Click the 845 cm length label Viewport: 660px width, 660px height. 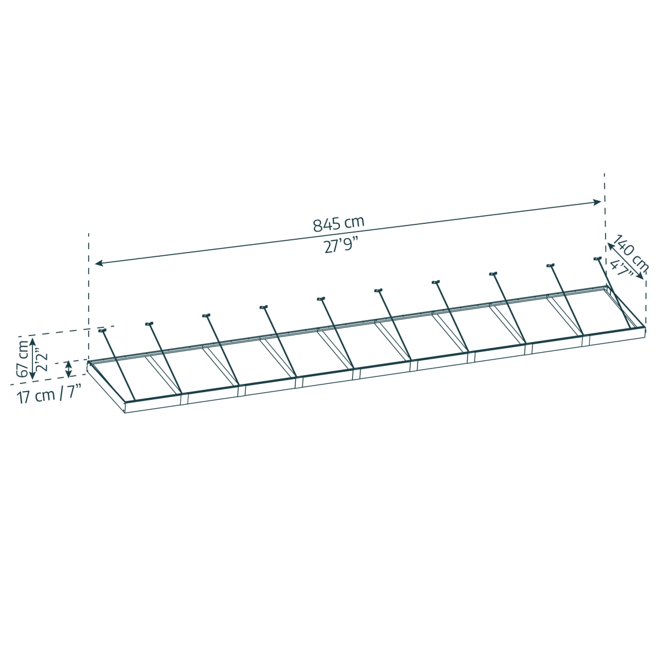click(x=338, y=224)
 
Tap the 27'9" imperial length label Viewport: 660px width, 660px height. click(x=341, y=245)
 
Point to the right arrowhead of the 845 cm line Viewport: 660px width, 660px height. click(x=597, y=202)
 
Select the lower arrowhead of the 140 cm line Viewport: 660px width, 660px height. click(x=640, y=276)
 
